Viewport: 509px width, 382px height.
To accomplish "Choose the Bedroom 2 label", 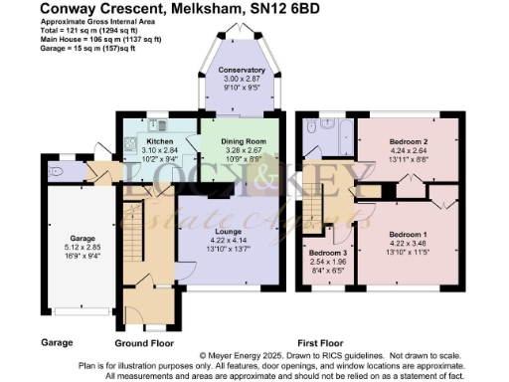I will (408, 142).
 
